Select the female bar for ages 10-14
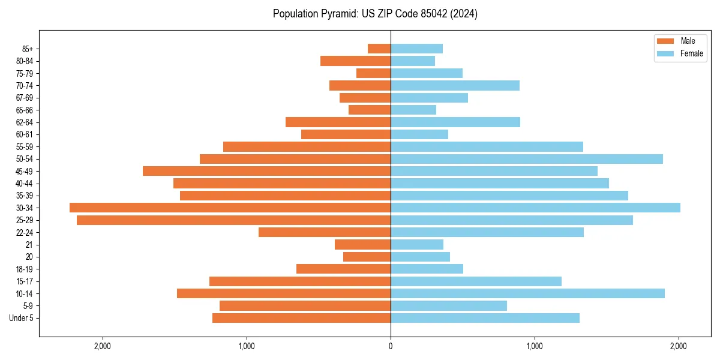[x=527, y=293]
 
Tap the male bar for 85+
[x=379, y=49]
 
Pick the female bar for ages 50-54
[x=526, y=159]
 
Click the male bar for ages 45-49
[x=266, y=171]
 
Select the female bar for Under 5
[x=485, y=318]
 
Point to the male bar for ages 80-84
[x=355, y=61]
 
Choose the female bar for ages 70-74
[x=455, y=85]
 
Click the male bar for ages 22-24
[x=325, y=232]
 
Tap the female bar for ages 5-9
[x=449, y=305]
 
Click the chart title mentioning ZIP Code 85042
[x=375, y=14]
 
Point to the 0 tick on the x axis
[x=391, y=346]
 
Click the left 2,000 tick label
[x=103, y=346]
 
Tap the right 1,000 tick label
[x=535, y=346]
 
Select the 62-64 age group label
[x=25, y=122]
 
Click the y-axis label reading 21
[x=29, y=245]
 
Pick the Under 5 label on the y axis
[x=21, y=318]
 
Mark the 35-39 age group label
[x=25, y=196]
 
